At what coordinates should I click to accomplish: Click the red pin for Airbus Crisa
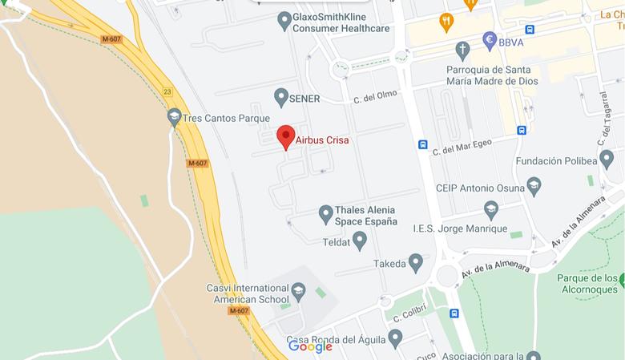click(x=286, y=137)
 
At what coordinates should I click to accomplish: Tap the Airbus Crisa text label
click(x=322, y=140)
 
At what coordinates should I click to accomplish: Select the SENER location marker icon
click(x=280, y=98)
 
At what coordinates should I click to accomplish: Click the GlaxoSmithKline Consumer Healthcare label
click(x=341, y=22)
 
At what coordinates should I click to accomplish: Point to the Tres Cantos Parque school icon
click(x=174, y=118)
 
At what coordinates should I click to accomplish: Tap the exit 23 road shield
click(x=167, y=92)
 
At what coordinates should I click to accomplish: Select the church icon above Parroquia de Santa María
click(x=462, y=51)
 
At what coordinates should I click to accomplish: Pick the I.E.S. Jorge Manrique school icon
click(x=491, y=210)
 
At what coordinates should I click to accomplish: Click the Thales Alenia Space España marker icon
click(x=325, y=214)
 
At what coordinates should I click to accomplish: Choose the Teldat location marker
click(x=360, y=240)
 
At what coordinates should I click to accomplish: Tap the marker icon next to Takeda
click(x=415, y=262)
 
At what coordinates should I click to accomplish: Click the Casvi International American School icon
click(x=299, y=291)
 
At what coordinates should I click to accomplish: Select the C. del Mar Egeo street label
click(x=463, y=146)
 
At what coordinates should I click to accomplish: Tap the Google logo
click(x=310, y=346)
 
